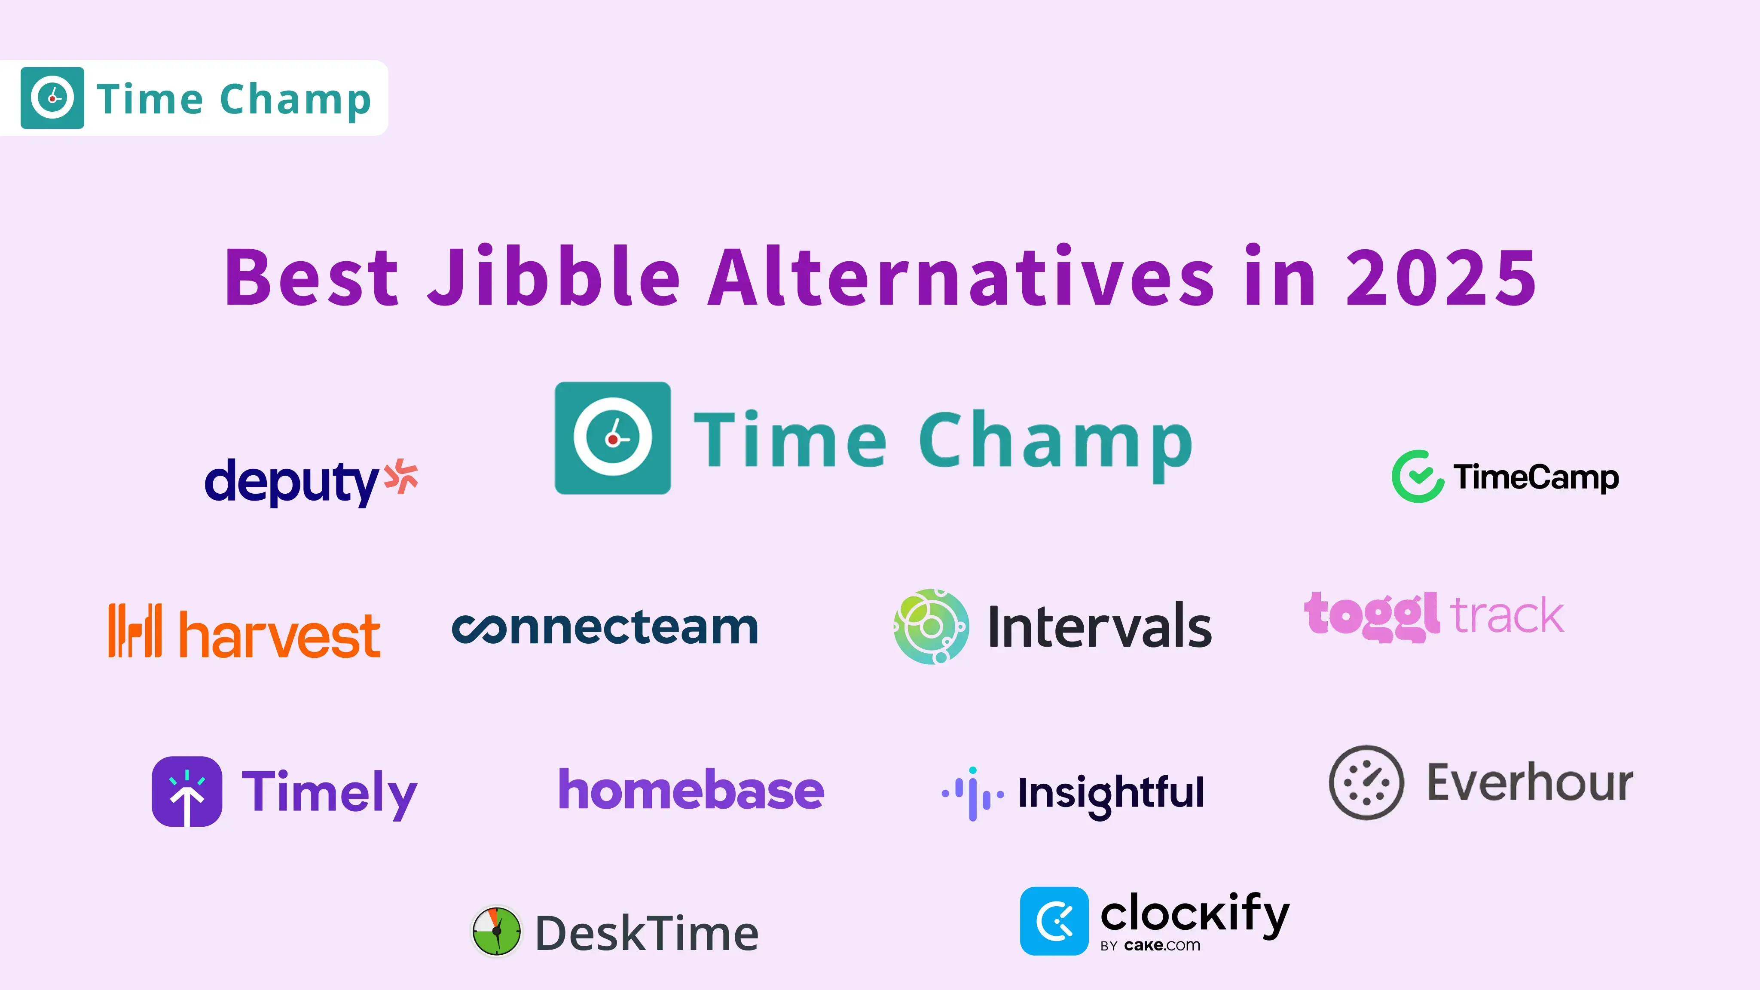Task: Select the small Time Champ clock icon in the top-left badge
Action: [52, 98]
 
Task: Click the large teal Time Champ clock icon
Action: [613, 438]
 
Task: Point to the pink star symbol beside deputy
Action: [401, 476]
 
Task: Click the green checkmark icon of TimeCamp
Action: [1418, 476]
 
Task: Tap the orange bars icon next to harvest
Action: [135, 630]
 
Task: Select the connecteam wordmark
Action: [605, 627]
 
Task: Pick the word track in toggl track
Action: [1506, 615]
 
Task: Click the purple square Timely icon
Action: [186, 791]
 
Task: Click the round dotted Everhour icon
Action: [1366, 782]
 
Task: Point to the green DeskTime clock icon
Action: [497, 931]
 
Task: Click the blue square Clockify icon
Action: [1054, 920]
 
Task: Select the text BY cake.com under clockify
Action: [1150, 946]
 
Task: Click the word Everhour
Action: [1531, 782]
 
